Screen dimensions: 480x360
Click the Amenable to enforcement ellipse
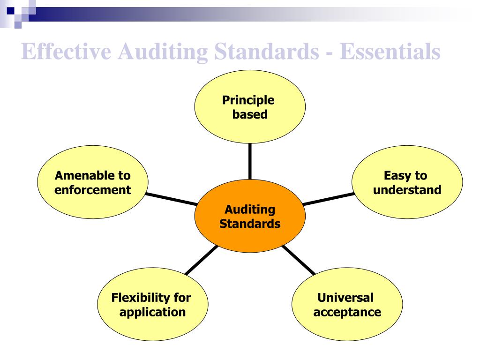coord(93,202)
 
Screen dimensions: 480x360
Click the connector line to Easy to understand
coord(328,199)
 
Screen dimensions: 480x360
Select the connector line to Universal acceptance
coord(299,260)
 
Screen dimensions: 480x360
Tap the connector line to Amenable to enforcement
coord(171,199)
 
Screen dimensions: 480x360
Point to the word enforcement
coord(93,190)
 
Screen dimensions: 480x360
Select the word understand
coord(407,190)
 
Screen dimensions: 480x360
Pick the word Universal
coord(345,298)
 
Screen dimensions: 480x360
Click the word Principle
coord(248,100)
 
